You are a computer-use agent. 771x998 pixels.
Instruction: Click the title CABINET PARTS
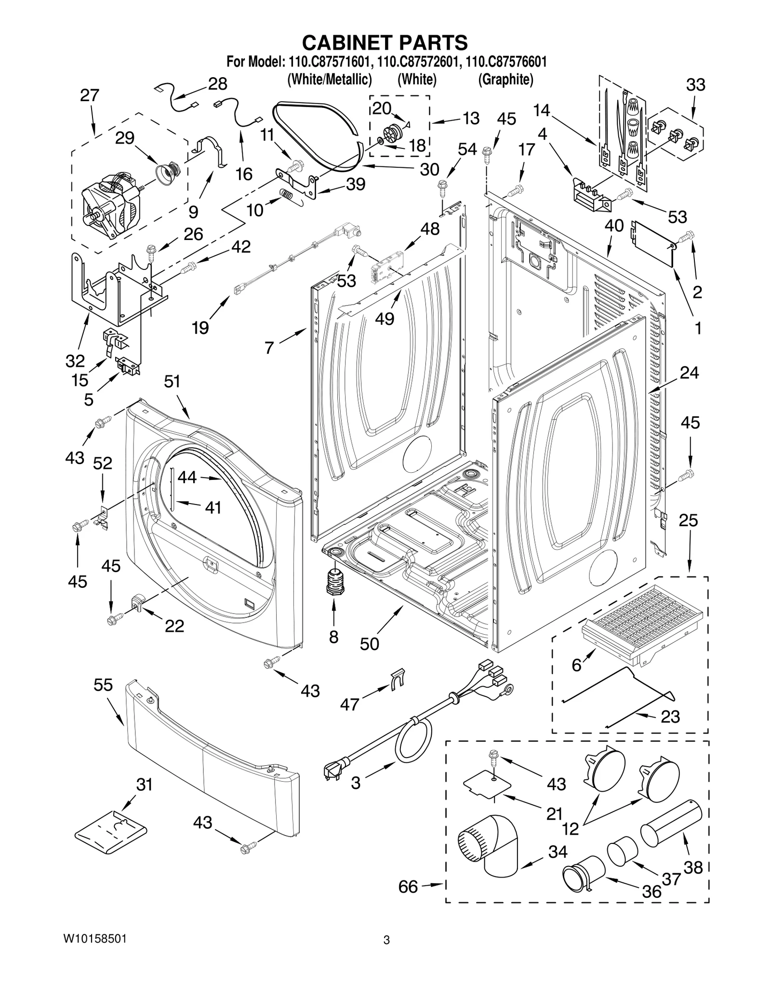point(385,42)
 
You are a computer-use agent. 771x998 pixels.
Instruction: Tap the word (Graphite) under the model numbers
point(505,80)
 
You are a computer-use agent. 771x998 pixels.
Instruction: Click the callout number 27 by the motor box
point(90,95)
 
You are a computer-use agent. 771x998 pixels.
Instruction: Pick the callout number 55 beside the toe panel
point(103,685)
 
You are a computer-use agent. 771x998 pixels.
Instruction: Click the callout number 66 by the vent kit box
point(408,886)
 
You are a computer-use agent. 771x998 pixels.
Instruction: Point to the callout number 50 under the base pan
point(369,644)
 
